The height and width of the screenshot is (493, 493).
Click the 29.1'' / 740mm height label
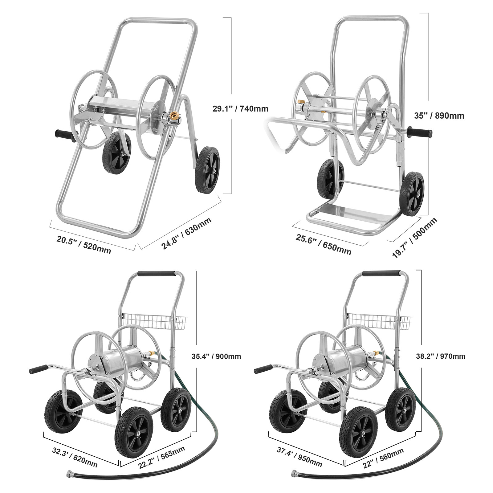[240, 108]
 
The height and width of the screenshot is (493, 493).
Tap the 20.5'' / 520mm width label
[84, 245]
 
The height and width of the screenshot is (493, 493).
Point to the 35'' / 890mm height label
[439, 116]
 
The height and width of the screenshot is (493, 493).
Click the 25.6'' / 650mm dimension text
[324, 245]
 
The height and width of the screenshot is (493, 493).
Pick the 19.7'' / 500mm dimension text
[414, 237]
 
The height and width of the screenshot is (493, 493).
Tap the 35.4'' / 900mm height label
[216, 357]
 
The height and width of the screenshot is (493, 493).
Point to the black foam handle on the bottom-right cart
[381, 273]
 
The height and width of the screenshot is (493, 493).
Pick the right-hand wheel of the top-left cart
[207, 170]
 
